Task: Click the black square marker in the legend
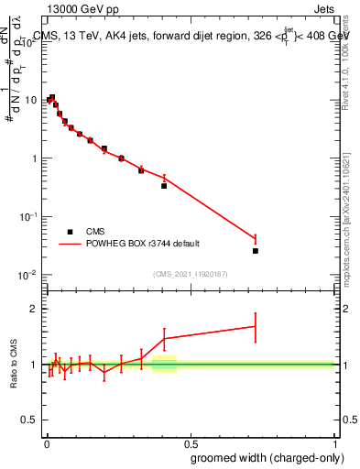click(70, 232)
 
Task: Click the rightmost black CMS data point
click(256, 250)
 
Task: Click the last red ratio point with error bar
click(256, 326)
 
